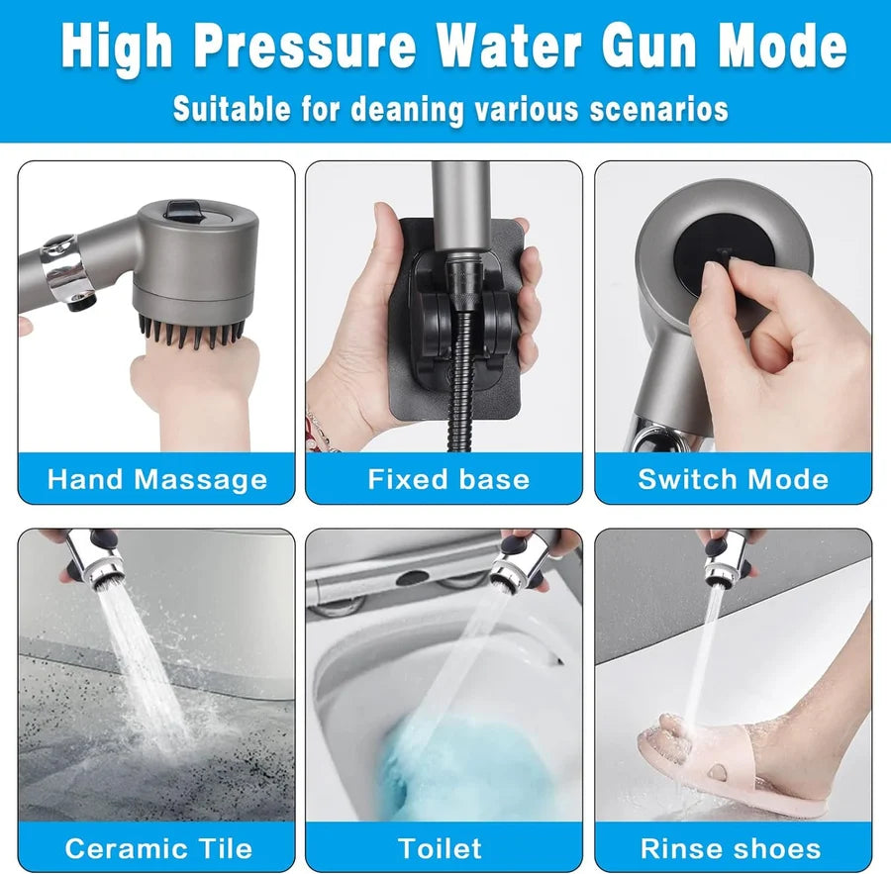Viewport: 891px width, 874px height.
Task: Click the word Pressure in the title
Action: click(305, 47)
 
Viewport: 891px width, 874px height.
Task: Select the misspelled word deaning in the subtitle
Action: click(408, 109)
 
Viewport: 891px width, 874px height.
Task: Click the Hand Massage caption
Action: click(157, 480)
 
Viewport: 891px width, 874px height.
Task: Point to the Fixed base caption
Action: click(448, 479)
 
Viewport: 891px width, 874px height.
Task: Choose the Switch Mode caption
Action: click(733, 479)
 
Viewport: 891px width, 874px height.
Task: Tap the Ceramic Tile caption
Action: click(158, 848)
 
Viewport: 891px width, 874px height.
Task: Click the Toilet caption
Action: click(440, 848)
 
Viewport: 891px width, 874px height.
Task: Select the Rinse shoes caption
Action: click(731, 848)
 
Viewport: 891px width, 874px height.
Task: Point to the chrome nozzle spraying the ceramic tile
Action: click(97, 560)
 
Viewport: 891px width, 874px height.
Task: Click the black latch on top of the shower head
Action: click(183, 210)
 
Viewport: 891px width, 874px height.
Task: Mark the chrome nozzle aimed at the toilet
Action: click(512, 562)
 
